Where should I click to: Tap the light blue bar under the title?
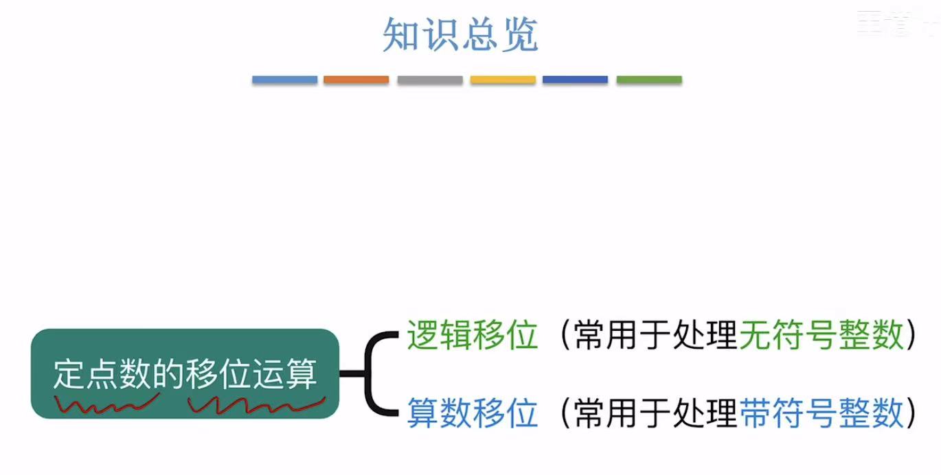(284, 80)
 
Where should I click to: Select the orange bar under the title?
(356, 80)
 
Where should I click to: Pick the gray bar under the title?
(429, 80)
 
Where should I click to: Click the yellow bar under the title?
(503, 80)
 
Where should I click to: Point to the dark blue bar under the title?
(575, 80)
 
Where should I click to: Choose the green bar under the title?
(648, 80)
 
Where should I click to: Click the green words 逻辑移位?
(472, 336)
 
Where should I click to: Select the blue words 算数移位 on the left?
(472, 413)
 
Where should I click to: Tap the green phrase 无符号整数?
(821, 336)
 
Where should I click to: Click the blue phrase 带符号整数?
(821, 413)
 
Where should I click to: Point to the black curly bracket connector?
(374, 374)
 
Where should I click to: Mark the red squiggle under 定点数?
(106, 405)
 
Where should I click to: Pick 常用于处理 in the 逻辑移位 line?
(655, 336)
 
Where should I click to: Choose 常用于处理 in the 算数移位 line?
(655, 413)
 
